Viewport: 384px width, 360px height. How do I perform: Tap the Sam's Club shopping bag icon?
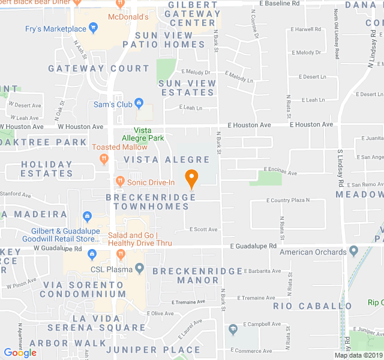[139, 104]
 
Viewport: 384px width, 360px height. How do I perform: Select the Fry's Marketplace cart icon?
[93, 28]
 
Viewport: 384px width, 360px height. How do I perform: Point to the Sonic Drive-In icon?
[119, 181]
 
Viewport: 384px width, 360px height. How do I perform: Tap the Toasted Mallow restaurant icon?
[104, 158]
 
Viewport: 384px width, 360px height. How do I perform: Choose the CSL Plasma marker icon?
[140, 268]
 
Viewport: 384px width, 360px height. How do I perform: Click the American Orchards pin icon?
[353, 251]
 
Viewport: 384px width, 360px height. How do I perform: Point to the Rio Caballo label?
[313, 306]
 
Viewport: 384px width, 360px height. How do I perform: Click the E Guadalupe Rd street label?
[255, 246]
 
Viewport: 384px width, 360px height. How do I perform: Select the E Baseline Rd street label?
[280, 3]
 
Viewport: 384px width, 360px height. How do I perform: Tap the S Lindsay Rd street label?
[339, 167]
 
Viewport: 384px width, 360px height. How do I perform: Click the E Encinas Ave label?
[281, 173]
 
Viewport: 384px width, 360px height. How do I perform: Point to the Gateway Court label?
[98, 69]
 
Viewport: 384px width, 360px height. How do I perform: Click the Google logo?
[20, 353]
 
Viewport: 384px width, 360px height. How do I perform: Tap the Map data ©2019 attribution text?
[358, 355]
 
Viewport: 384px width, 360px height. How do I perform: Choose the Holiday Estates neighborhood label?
[47, 169]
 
